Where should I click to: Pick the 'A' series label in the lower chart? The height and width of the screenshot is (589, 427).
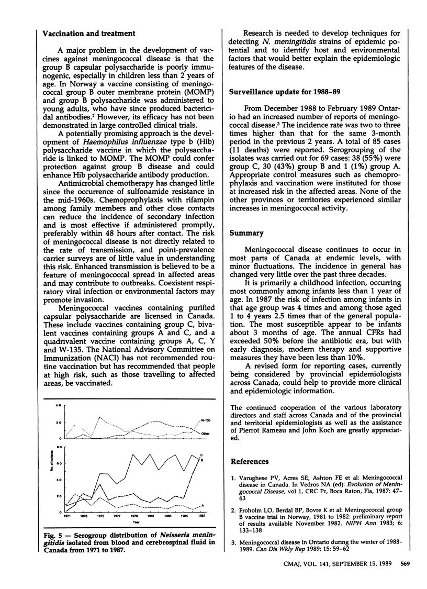pyautogui.click(x=203, y=505)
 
